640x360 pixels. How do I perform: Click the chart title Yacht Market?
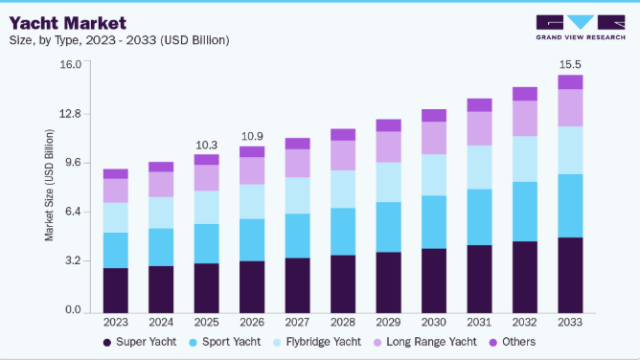pos(68,23)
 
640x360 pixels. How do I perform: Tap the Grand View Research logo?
pos(581,28)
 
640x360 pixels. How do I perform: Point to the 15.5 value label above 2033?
pos(570,64)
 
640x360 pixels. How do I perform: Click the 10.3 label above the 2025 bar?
pos(207,146)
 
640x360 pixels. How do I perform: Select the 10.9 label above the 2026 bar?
pos(252,136)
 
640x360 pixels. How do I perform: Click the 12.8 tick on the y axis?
pos(70,113)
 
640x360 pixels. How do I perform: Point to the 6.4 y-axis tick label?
pos(73,212)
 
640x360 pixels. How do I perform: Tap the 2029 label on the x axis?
pos(388,322)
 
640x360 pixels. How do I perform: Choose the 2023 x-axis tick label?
pos(116,322)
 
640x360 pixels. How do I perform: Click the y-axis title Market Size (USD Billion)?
pos(49,185)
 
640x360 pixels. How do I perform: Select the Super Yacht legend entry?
pos(140,342)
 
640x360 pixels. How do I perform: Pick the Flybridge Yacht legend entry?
pos(317,342)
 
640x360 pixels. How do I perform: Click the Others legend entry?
pos(513,342)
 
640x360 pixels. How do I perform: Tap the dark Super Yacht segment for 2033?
pos(570,275)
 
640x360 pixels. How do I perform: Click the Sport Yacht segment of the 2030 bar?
pos(434,222)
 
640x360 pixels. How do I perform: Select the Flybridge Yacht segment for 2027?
pos(298,195)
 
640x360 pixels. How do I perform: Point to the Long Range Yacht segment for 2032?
pos(525,118)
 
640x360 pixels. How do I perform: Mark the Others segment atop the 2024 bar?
pos(161,167)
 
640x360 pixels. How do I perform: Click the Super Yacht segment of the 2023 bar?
pos(116,291)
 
